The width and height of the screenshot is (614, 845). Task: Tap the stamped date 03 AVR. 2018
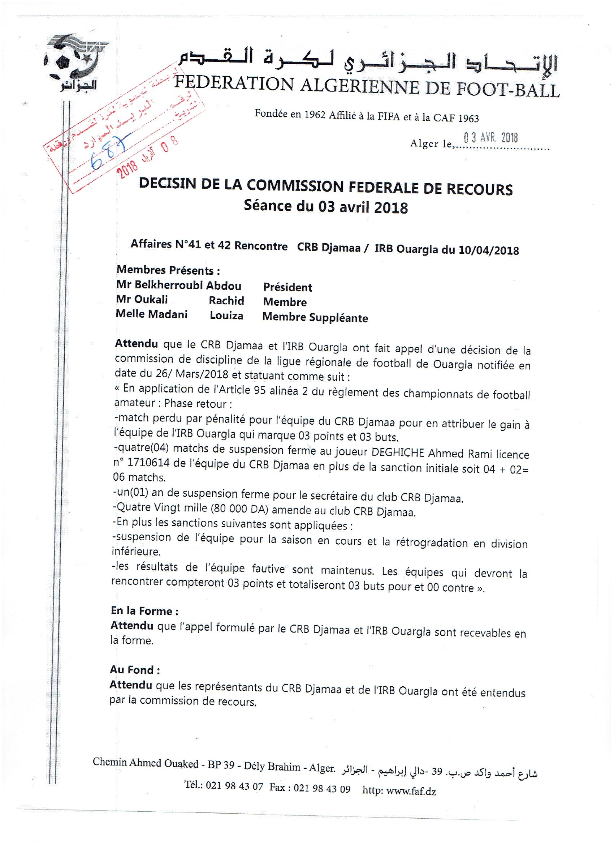point(491,138)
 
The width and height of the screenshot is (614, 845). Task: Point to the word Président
point(287,287)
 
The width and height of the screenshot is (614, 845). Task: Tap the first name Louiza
point(226,316)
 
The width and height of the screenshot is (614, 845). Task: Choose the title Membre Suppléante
point(315,317)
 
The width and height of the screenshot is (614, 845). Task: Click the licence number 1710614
point(148,463)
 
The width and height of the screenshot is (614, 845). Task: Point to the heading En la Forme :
point(144,611)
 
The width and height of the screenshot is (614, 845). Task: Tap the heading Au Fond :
point(135,670)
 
